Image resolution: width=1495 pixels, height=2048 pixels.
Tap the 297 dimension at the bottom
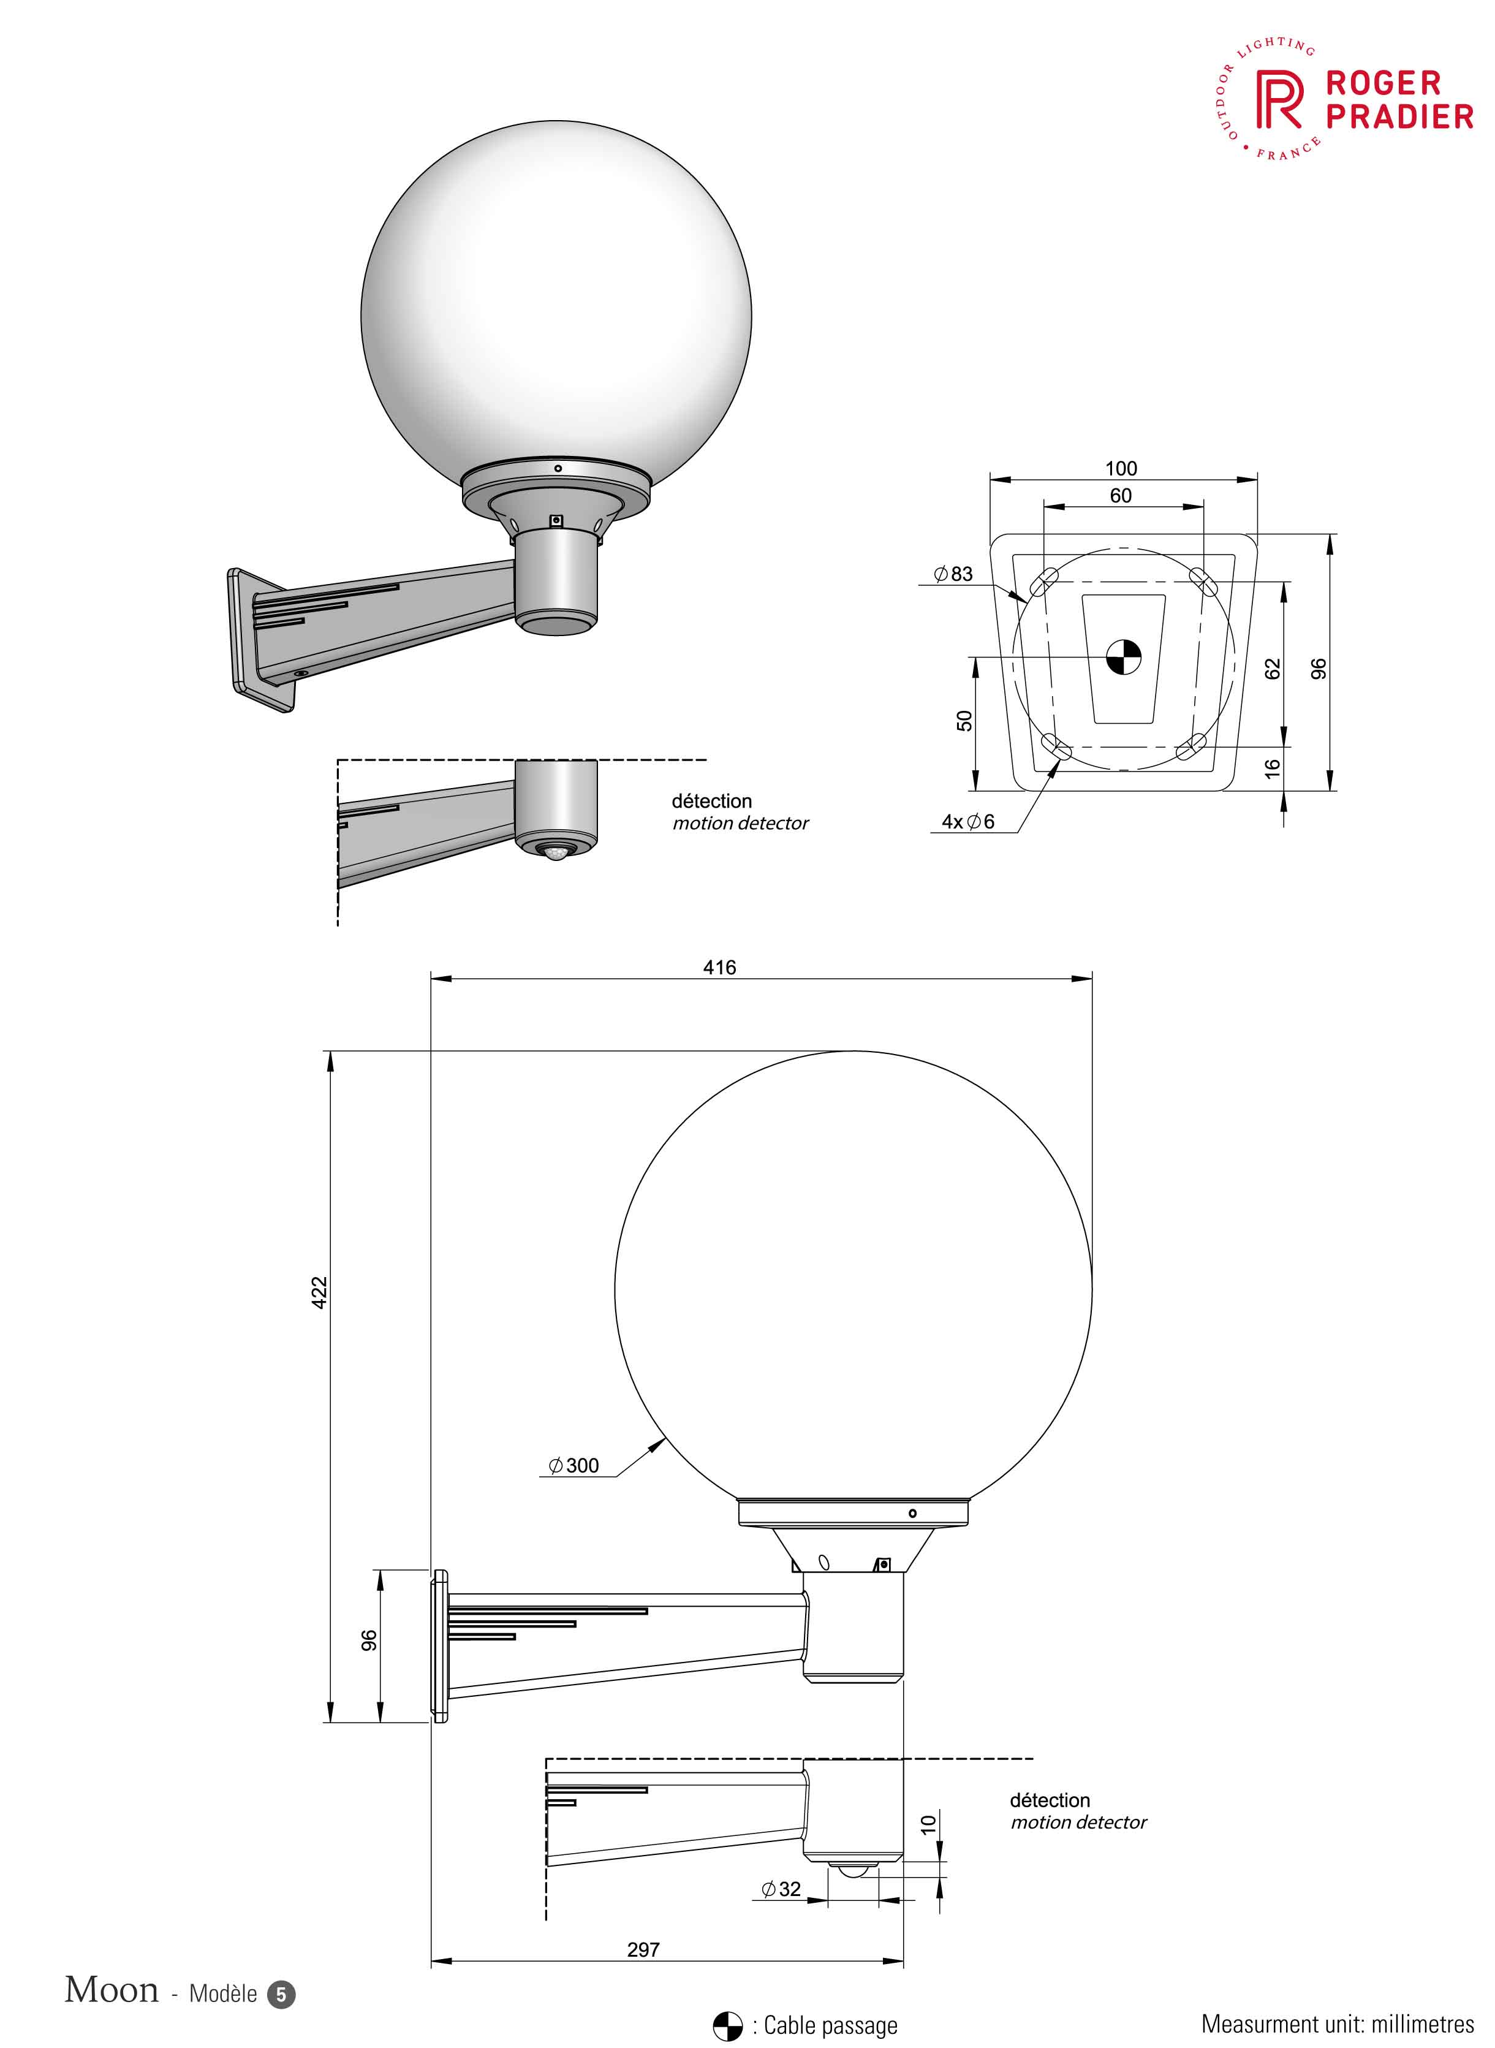pos(643,1949)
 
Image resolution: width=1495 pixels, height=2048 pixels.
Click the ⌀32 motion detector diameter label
pos(781,1889)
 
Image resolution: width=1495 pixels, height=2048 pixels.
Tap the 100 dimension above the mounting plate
pos(1121,469)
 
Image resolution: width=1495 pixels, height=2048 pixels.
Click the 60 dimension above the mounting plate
pos(1121,496)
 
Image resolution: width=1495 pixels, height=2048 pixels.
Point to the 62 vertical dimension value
pos(1273,669)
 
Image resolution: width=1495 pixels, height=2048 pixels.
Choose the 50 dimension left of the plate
pos(964,721)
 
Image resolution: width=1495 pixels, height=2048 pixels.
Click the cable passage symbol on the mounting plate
pos(1123,657)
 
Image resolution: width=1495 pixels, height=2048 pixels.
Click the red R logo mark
pos(1279,101)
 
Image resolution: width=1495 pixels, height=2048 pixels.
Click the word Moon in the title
pos(112,1990)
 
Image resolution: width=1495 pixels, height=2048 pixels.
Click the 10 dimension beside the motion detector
pos(928,1824)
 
